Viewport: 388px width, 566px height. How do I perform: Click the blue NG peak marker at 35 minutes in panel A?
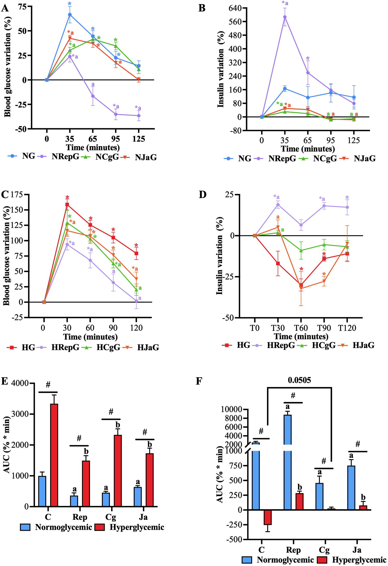point(70,15)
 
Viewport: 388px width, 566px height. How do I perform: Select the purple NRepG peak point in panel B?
point(285,17)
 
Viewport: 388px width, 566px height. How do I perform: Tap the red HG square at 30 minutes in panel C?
point(67,205)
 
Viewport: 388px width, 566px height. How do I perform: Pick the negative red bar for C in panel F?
point(268,517)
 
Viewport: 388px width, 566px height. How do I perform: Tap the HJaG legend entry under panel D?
point(363,345)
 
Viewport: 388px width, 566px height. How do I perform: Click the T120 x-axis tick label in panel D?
point(347,328)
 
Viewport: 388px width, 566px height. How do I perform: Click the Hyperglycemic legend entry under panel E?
point(137,527)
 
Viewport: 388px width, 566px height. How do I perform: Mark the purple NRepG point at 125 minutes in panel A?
point(139,115)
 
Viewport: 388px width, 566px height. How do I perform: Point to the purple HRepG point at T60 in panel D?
point(301,225)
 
